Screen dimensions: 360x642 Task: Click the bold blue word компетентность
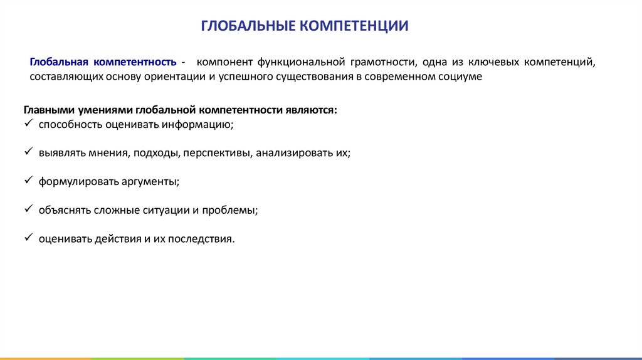[135, 63]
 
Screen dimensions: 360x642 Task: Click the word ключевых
[497, 63]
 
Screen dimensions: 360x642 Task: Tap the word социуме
[461, 77]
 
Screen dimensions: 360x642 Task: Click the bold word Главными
[46, 110]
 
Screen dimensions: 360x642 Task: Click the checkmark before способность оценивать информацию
[28, 124]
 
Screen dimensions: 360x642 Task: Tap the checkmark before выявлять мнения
[28, 152]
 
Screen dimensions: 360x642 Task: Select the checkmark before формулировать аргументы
[28, 181]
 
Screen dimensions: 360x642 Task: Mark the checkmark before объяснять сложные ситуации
[28, 209]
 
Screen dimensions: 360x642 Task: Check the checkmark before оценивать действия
[28, 238]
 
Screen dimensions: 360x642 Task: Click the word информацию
[197, 124]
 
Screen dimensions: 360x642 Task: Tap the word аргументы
[149, 182]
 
